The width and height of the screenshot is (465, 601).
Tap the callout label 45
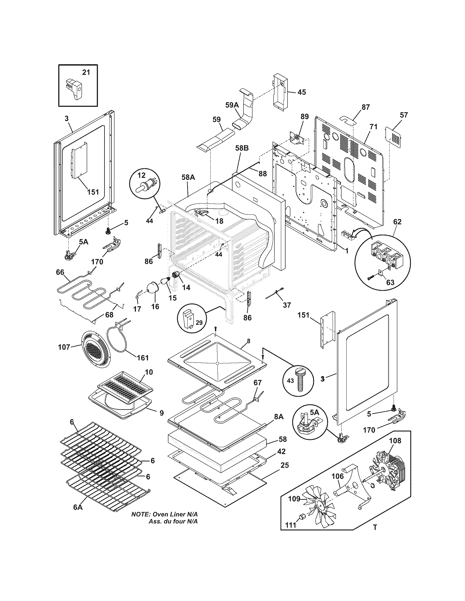302,92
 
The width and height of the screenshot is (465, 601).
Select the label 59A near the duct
232,105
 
